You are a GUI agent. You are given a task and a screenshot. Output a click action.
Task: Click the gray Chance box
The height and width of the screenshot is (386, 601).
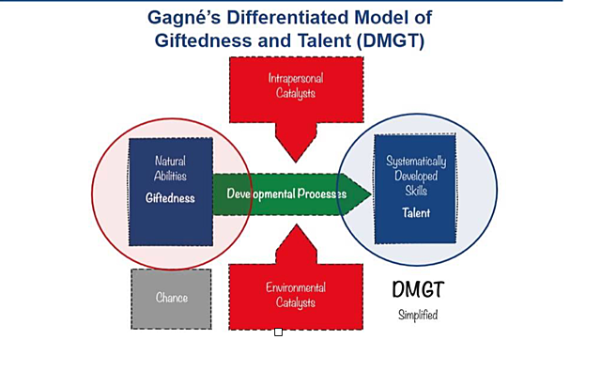click(172, 298)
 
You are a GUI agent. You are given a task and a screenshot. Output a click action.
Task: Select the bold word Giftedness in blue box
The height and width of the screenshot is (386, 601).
click(172, 199)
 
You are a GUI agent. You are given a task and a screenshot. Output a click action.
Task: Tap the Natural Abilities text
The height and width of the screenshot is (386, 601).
click(172, 168)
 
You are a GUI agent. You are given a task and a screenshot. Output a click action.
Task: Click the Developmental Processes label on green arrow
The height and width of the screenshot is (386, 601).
click(285, 194)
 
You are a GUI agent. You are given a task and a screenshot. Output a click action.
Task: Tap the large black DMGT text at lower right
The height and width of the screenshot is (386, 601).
click(418, 292)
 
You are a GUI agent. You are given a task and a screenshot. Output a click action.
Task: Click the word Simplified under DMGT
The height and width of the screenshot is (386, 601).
click(418, 316)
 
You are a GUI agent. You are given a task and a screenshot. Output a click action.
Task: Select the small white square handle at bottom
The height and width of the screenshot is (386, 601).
click(278, 332)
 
